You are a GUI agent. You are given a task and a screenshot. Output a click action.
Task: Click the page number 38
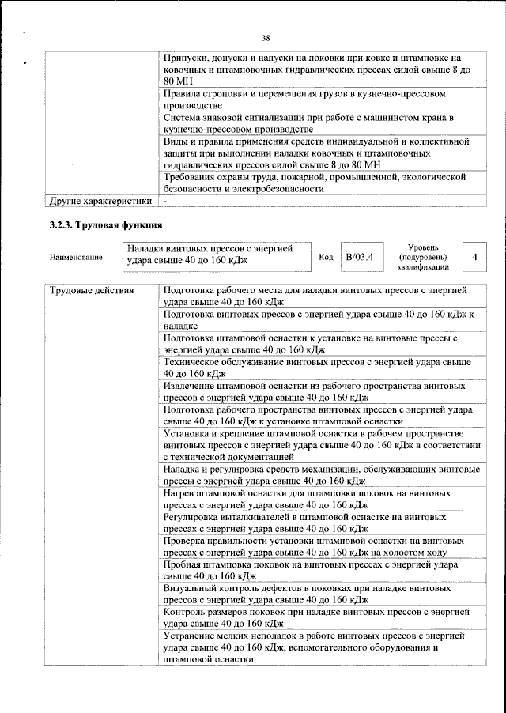pyautogui.click(x=266, y=37)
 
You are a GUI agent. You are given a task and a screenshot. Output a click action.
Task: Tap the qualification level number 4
pyautogui.click(x=474, y=257)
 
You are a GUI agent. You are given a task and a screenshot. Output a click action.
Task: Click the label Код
pyautogui.click(x=326, y=257)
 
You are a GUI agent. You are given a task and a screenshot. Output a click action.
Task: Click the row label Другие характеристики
pyautogui.click(x=100, y=202)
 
